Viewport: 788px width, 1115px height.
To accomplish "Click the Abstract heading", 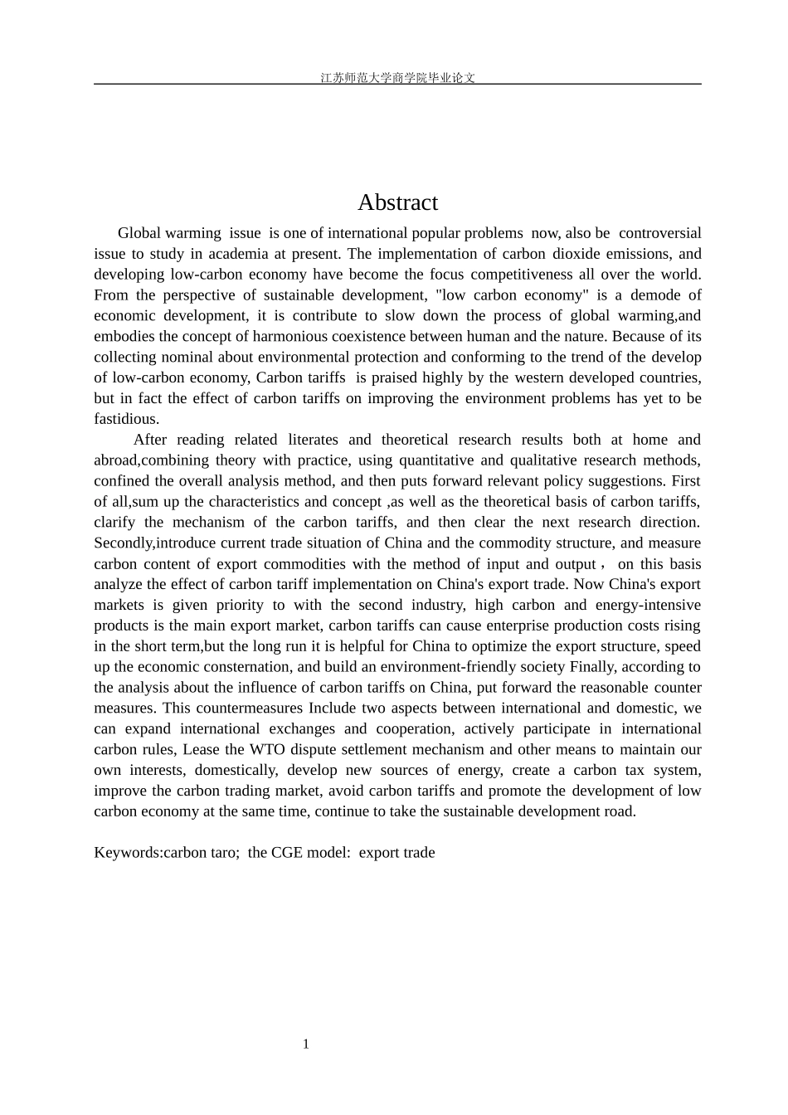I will coord(397,202).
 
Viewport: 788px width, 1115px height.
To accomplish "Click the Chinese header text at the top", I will coord(397,78).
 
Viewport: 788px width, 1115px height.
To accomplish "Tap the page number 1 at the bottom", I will coord(306,1044).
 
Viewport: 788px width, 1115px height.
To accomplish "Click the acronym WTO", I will coord(267,750).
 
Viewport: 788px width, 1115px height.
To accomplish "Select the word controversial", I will coord(659,233).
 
